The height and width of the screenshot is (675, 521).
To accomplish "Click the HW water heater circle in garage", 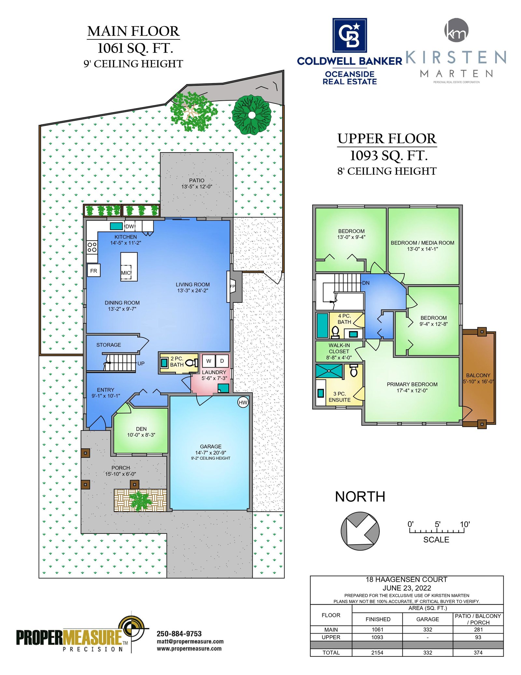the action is pyautogui.click(x=243, y=402).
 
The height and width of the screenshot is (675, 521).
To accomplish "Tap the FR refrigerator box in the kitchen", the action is pyautogui.click(x=94, y=271).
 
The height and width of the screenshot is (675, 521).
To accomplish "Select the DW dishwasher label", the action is pyautogui.click(x=130, y=226).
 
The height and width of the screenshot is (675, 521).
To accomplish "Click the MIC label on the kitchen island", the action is pyautogui.click(x=126, y=272).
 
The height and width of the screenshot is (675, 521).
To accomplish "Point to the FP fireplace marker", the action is pyautogui.click(x=232, y=286).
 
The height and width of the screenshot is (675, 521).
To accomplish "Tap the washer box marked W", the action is pyautogui.click(x=209, y=361).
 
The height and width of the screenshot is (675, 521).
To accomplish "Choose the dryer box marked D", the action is pyautogui.click(x=222, y=361).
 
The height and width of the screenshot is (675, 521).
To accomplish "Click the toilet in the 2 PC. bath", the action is pyautogui.click(x=191, y=362).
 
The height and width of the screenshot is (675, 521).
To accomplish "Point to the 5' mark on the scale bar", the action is pyautogui.click(x=437, y=524).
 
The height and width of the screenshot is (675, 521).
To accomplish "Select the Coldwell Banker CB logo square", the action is pyautogui.click(x=349, y=35).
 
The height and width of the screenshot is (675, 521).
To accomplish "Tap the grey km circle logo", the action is pyautogui.click(x=456, y=30).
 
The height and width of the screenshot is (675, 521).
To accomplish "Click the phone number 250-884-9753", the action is pyautogui.click(x=179, y=634).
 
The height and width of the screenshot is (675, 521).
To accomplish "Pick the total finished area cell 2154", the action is pyautogui.click(x=377, y=653).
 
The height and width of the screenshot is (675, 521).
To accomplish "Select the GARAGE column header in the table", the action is pyautogui.click(x=428, y=619).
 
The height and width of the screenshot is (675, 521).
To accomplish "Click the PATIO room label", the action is pyautogui.click(x=197, y=181).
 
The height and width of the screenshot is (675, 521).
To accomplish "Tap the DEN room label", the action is pyautogui.click(x=141, y=429).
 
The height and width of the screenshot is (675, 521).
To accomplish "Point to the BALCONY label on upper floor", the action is pyautogui.click(x=478, y=375).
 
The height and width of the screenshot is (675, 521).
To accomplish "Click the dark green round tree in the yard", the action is pyautogui.click(x=251, y=115).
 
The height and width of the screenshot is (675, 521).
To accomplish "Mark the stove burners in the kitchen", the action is pyautogui.click(x=92, y=247).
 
